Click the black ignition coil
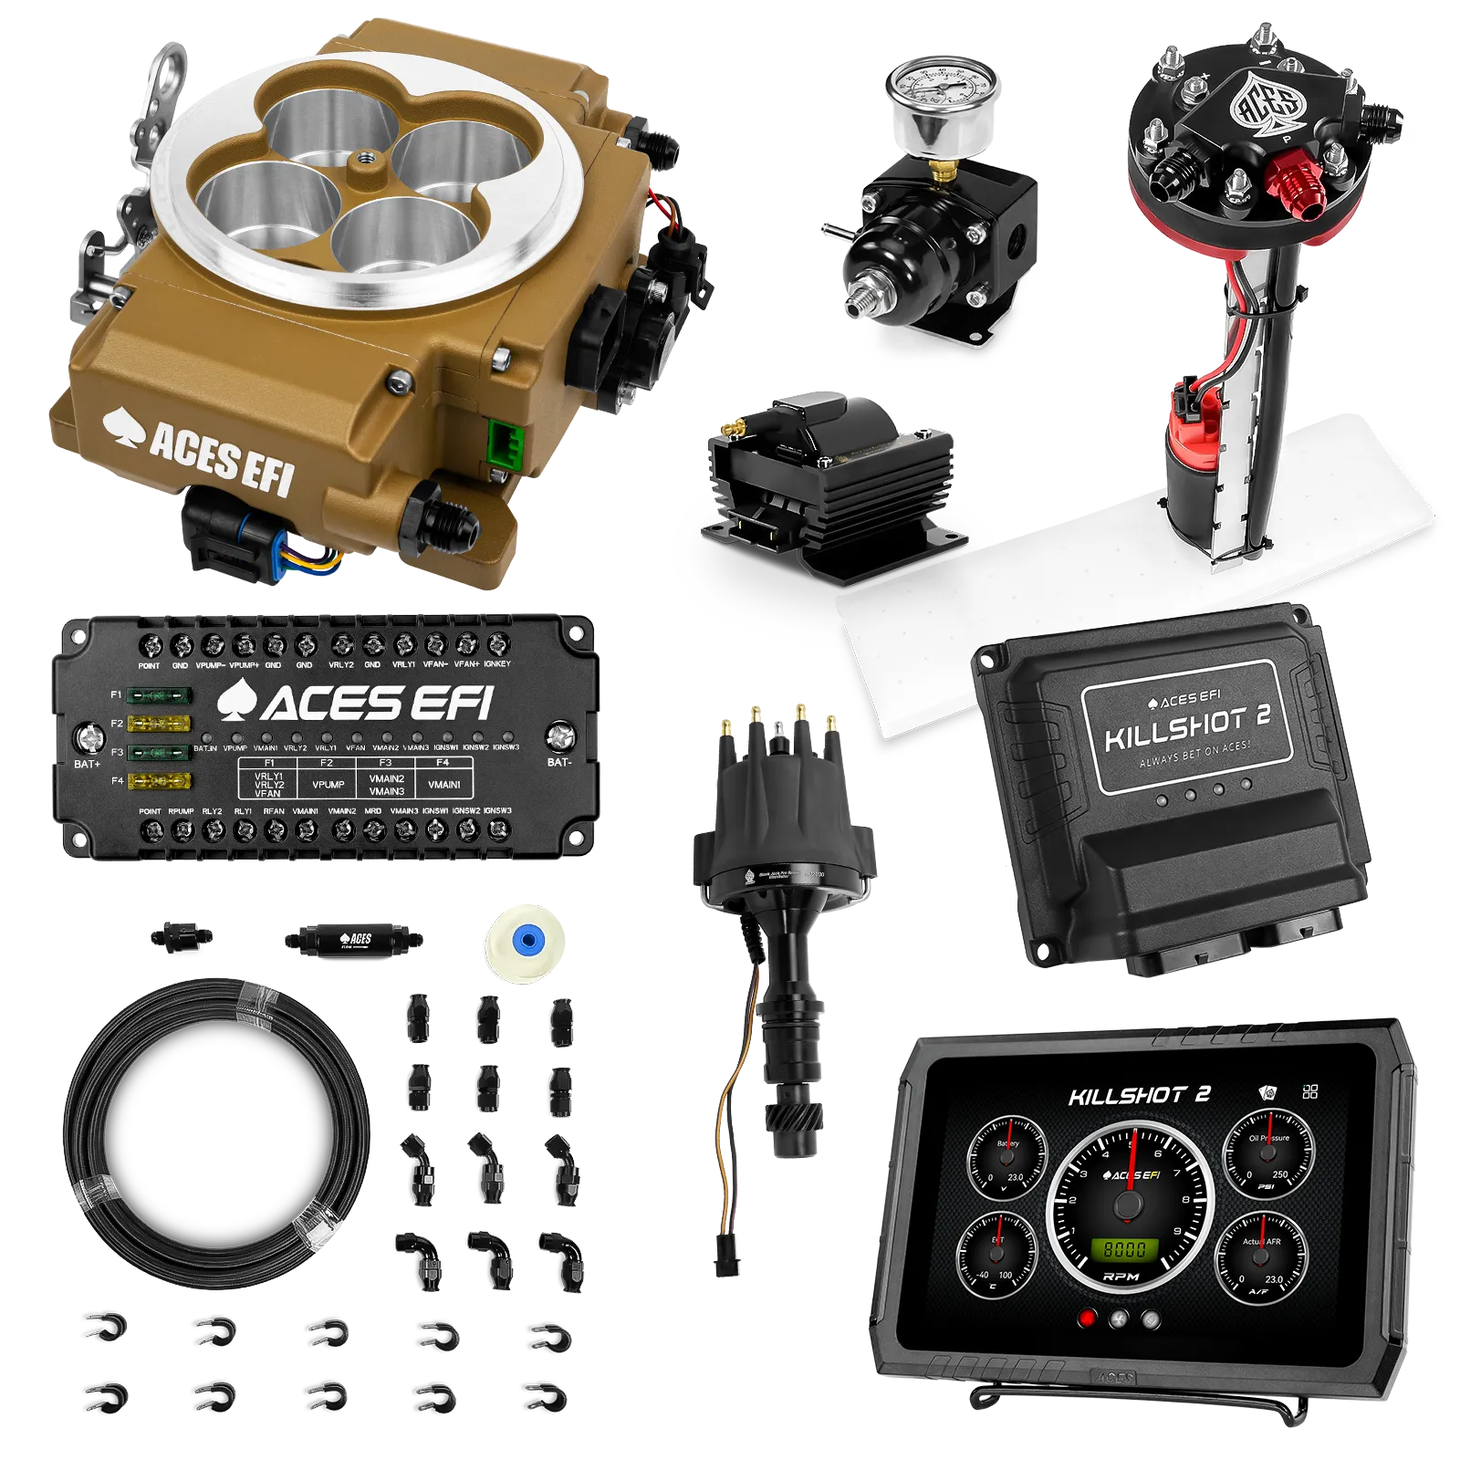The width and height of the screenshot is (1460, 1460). (826, 474)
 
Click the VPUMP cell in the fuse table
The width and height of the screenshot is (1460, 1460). (328, 784)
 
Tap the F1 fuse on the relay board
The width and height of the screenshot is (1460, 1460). (159, 696)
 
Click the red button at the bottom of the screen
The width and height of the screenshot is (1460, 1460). (1086, 1318)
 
